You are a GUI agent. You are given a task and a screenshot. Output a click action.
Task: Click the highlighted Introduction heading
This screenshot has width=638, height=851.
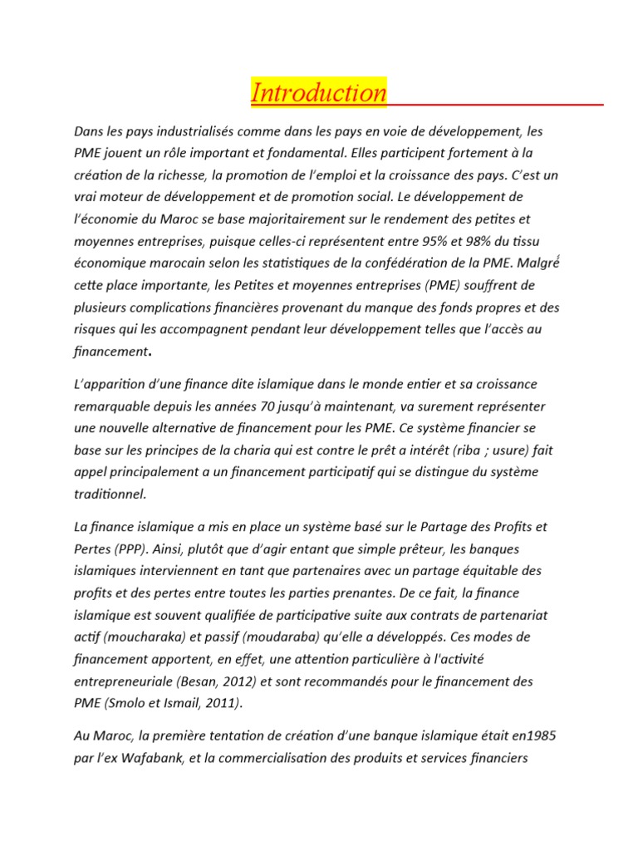pos(319,93)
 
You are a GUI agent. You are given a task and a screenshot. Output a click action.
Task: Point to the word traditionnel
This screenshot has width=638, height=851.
pos(110,494)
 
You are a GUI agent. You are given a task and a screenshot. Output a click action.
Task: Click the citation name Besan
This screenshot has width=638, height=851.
pos(199,681)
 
